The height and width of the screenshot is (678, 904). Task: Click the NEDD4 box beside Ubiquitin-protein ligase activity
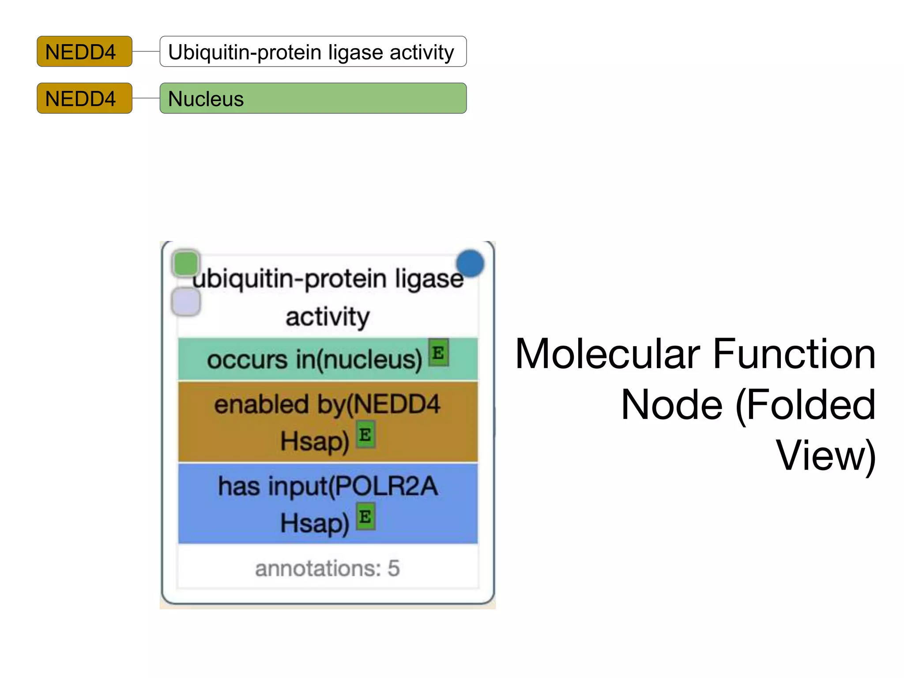click(x=84, y=52)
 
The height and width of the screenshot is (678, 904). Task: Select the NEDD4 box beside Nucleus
click(x=84, y=98)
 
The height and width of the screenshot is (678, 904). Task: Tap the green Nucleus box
click(x=313, y=98)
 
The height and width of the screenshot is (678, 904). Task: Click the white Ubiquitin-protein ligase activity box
click(x=313, y=52)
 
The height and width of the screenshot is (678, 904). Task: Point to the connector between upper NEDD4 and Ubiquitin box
click(x=146, y=52)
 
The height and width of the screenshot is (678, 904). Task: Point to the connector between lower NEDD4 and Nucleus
click(x=146, y=98)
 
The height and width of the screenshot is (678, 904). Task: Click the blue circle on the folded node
click(x=470, y=264)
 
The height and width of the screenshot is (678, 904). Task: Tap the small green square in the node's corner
click(x=185, y=264)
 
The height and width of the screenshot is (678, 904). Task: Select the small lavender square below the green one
click(x=186, y=302)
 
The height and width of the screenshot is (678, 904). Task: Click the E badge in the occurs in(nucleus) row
click(x=438, y=353)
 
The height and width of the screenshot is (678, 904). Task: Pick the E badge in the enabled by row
click(x=365, y=435)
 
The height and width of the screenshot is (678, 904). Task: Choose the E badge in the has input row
click(x=365, y=516)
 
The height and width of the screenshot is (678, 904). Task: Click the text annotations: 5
click(x=327, y=568)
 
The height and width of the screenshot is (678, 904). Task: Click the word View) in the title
click(x=825, y=456)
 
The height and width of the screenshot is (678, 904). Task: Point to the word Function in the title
click(x=794, y=354)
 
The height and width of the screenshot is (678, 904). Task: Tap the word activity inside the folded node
click(x=327, y=317)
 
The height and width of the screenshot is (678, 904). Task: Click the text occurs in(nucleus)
click(x=314, y=360)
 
